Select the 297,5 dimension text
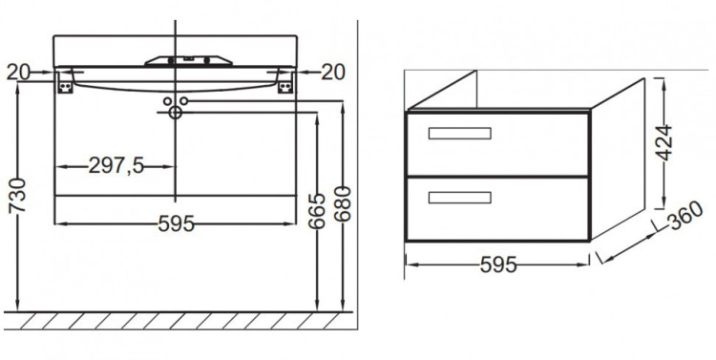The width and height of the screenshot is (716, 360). pos(116,166)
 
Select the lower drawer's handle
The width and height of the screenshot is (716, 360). pos(460,198)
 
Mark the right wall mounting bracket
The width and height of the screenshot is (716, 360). pos(284,84)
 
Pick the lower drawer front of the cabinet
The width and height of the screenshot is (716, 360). pos(497,209)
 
